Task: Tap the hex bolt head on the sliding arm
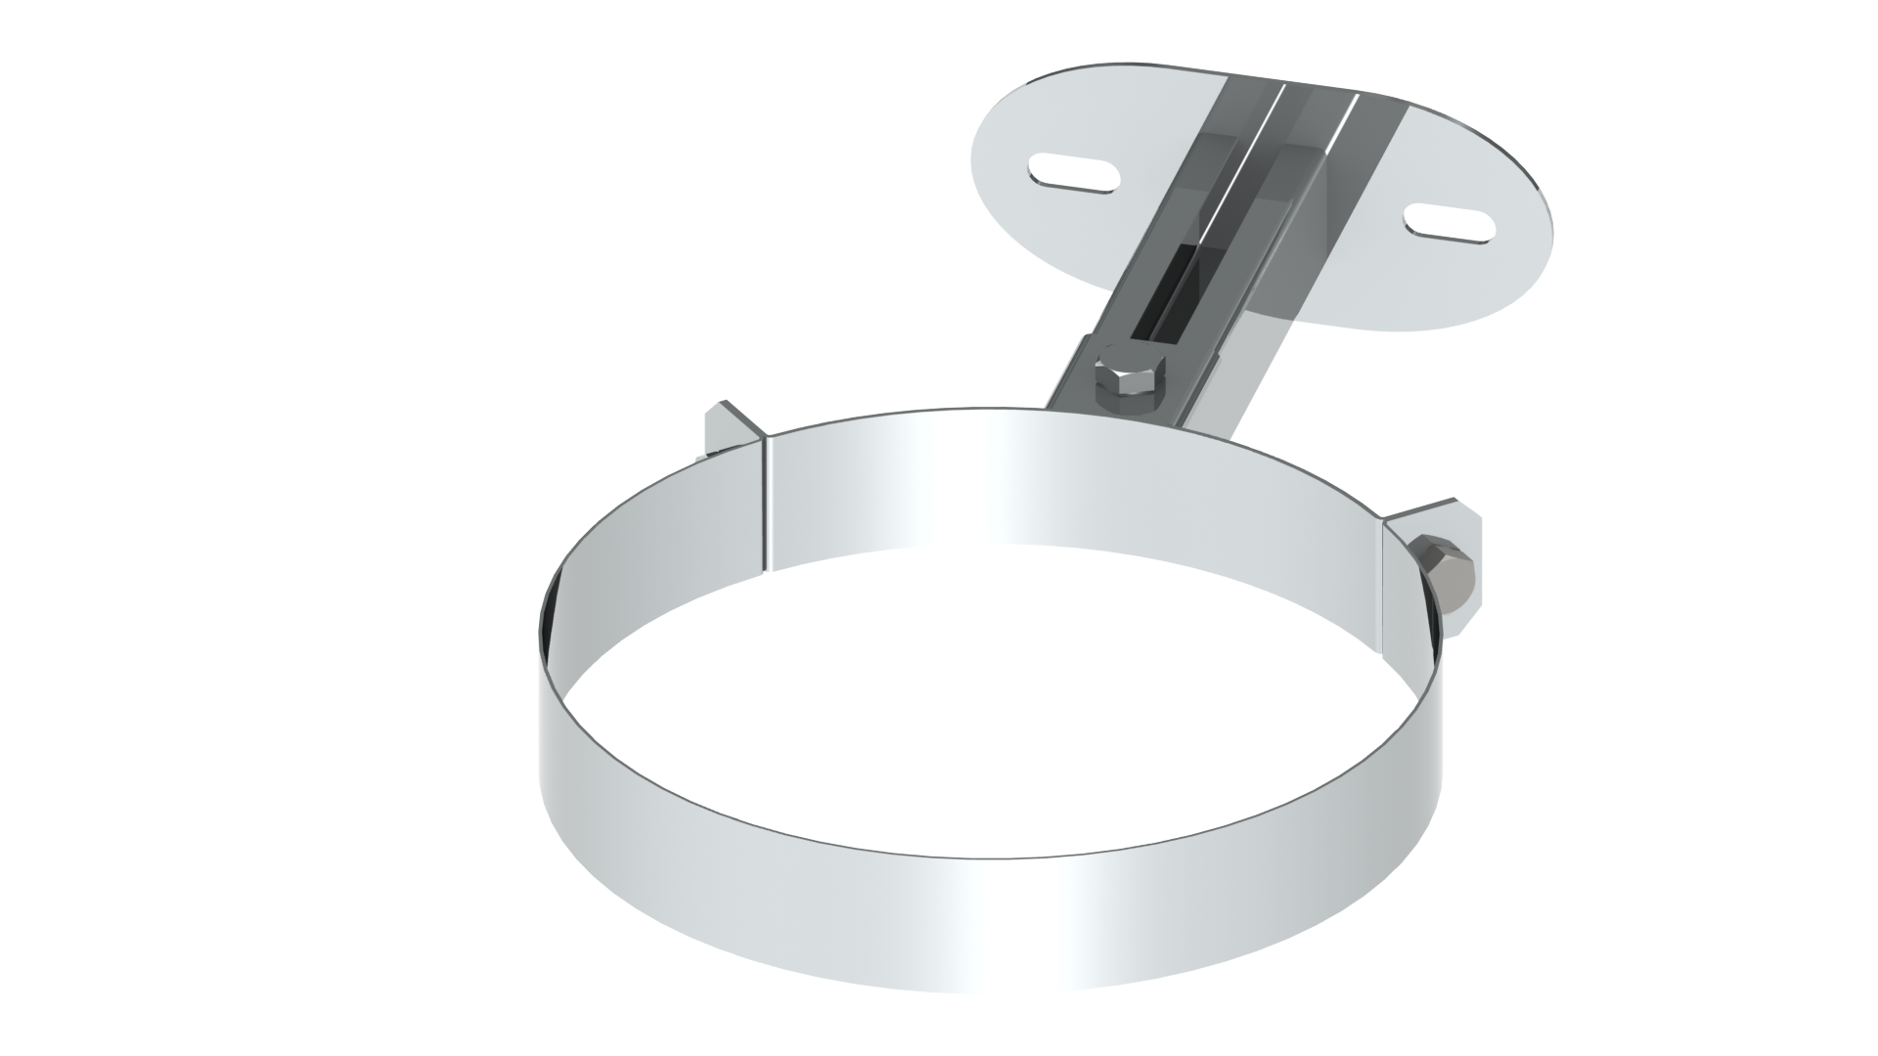1132,374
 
